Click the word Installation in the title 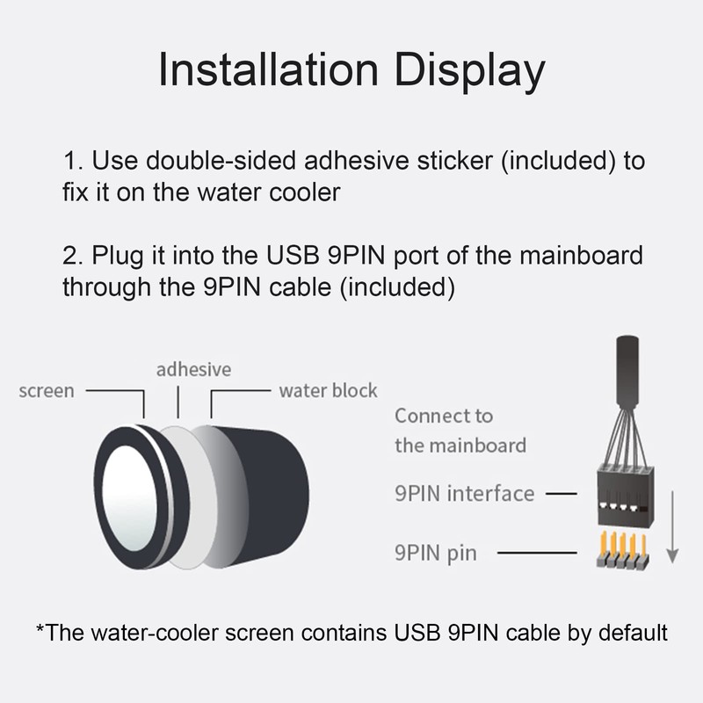(269, 69)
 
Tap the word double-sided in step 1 (221, 160)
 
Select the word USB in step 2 (293, 255)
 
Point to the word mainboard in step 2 (581, 255)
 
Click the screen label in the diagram (47, 391)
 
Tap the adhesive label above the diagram (193, 369)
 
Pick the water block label (328, 390)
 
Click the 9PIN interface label (465, 493)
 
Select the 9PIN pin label (436, 553)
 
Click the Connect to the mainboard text (460, 431)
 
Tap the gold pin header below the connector (623, 551)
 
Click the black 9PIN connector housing (626, 496)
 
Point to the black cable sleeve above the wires (627, 371)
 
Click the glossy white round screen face (129, 497)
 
